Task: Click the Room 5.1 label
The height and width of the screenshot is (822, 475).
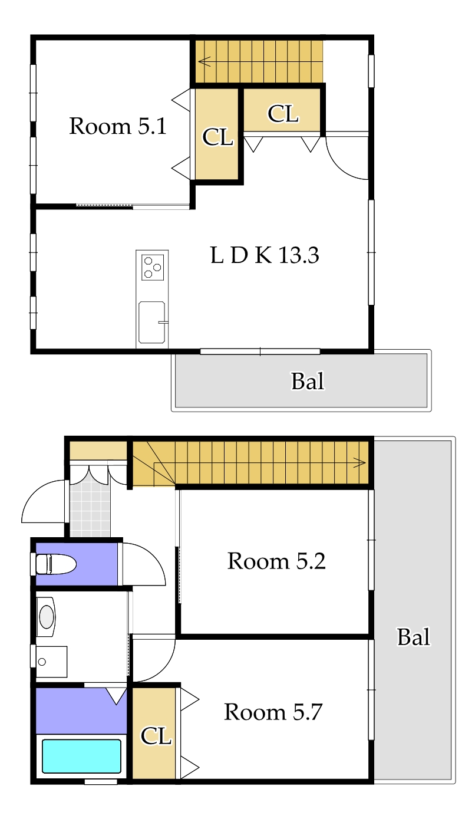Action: tap(117, 126)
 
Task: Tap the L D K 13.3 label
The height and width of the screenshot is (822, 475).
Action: tap(265, 255)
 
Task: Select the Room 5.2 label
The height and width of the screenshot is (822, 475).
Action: tap(276, 561)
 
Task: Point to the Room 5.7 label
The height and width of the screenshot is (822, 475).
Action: tap(273, 712)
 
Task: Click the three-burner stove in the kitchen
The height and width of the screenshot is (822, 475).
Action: tap(153, 267)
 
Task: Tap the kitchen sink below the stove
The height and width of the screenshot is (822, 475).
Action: tap(152, 322)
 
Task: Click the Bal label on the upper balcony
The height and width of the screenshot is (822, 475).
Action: tap(308, 382)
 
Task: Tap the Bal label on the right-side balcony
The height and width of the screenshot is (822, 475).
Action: tap(413, 637)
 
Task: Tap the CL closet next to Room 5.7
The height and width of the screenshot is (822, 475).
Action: tap(156, 735)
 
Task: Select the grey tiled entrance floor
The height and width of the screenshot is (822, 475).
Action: tap(90, 510)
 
